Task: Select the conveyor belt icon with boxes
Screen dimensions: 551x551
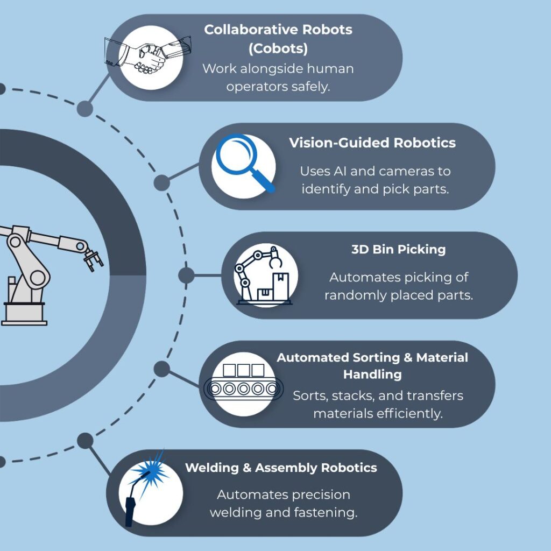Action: tap(243, 384)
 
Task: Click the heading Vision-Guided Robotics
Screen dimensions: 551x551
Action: tap(372, 143)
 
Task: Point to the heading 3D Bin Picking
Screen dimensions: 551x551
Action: tap(398, 250)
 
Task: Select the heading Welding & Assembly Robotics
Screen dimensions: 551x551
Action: tap(281, 468)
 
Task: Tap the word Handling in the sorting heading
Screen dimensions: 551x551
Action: tap(372, 374)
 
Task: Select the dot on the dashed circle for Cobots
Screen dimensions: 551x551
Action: tap(84, 108)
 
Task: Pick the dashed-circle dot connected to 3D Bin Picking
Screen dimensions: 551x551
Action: tap(186, 275)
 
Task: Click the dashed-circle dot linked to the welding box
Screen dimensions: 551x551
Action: tap(84, 441)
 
